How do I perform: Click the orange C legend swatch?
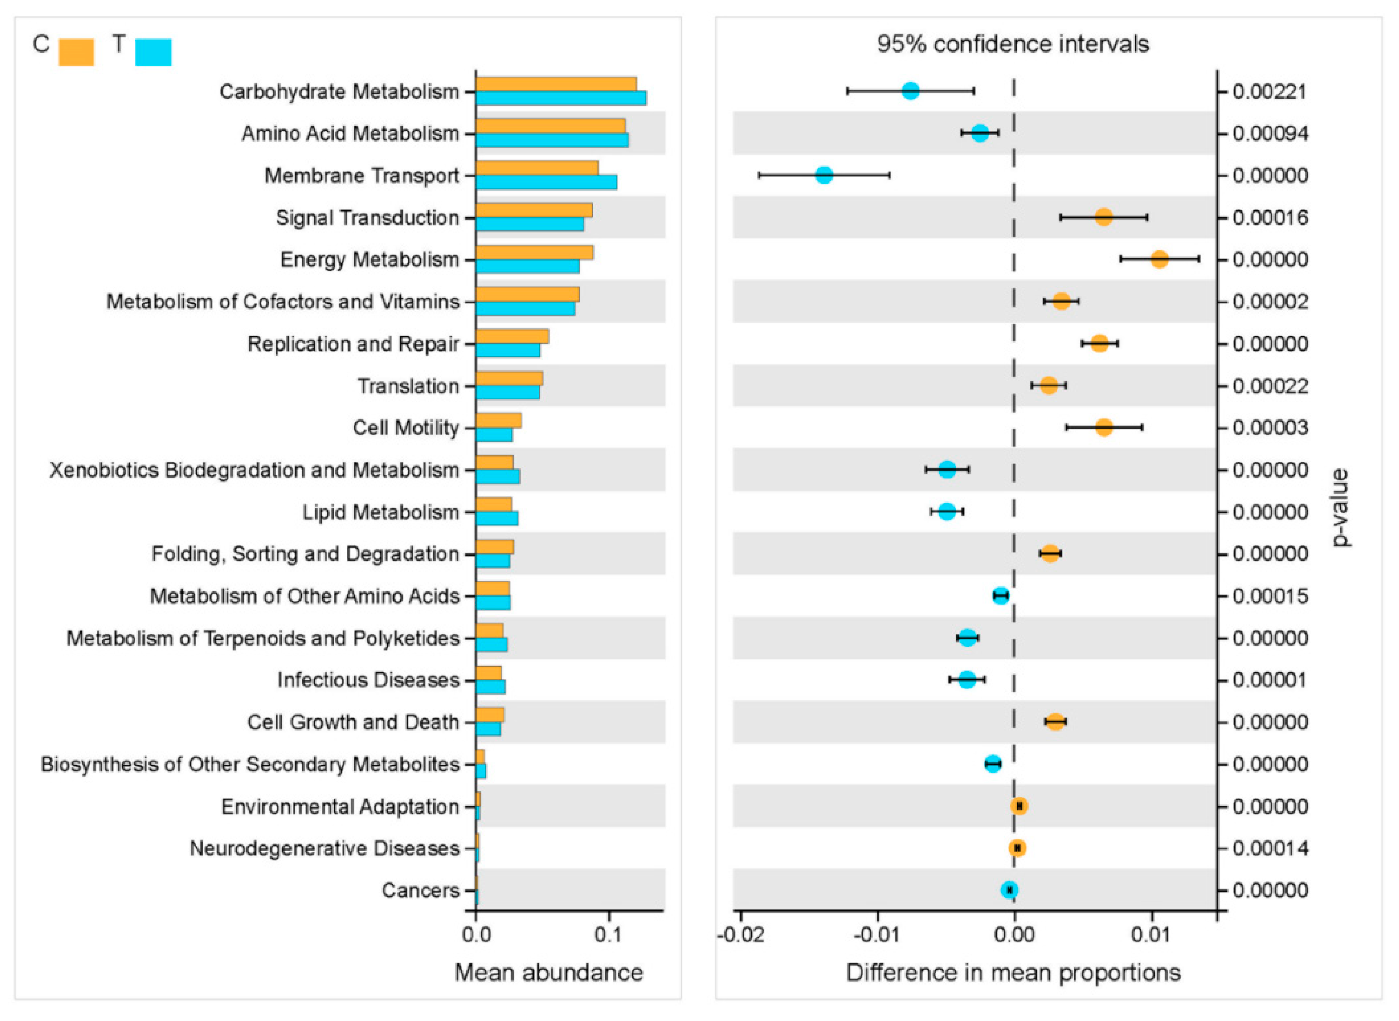coord(76,52)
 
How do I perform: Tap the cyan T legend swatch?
coord(153,52)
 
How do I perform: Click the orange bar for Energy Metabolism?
coord(535,252)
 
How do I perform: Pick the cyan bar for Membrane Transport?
coord(546,182)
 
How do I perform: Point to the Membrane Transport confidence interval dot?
coord(824,175)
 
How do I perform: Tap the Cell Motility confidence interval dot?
coord(1104,427)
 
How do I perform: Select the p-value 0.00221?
coord(1270,92)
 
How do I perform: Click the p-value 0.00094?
coord(1270,133)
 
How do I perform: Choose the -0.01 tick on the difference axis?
coord(877,935)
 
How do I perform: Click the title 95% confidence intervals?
coord(1012,45)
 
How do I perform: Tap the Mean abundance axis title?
coord(549,973)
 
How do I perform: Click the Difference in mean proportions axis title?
coord(1013,973)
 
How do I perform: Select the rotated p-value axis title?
coord(1340,508)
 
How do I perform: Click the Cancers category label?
coord(421,890)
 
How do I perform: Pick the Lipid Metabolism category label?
coord(380,512)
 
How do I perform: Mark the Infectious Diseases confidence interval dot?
coord(967,680)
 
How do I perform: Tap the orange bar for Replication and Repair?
coord(512,336)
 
